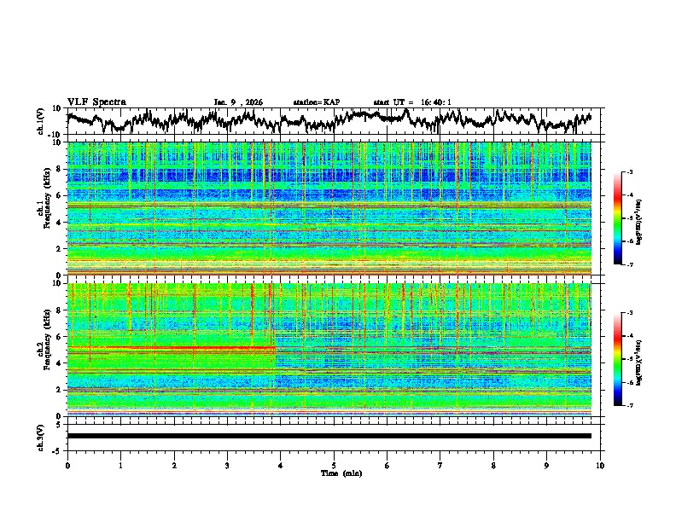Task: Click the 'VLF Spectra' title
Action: [x=96, y=101]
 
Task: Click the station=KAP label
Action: [x=316, y=102]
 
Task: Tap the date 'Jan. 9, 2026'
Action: [x=238, y=102]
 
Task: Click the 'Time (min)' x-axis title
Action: [x=334, y=473]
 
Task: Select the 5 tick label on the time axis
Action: [x=334, y=464]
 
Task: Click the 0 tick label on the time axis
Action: [x=67, y=464]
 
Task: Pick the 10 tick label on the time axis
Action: [x=600, y=464]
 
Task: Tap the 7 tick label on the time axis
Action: [x=440, y=464]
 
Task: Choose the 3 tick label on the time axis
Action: [x=227, y=464]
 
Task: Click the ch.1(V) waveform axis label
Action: [x=41, y=121]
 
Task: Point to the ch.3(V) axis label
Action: [x=41, y=436]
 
